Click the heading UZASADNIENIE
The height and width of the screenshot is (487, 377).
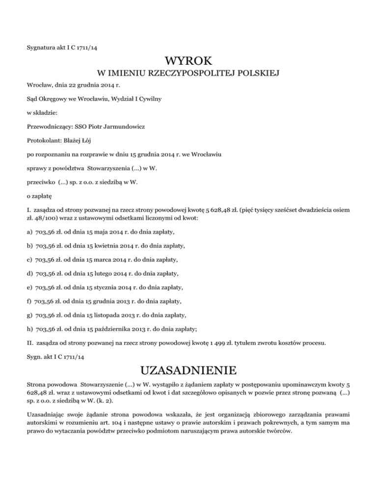[188, 369]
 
